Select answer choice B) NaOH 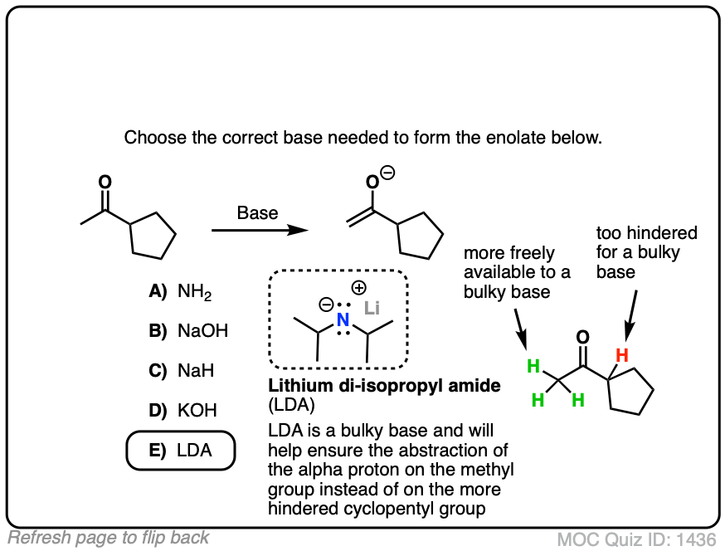pyautogui.click(x=188, y=331)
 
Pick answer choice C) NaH pyautogui.click(x=182, y=371)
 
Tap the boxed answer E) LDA pyautogui.click(x=181, y=451)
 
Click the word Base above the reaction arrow pyautogui.click(x=257, y=212)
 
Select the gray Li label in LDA pyautogui.click(x=372, y=310)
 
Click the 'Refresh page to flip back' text pyautogui.click(x=109, y=537)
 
